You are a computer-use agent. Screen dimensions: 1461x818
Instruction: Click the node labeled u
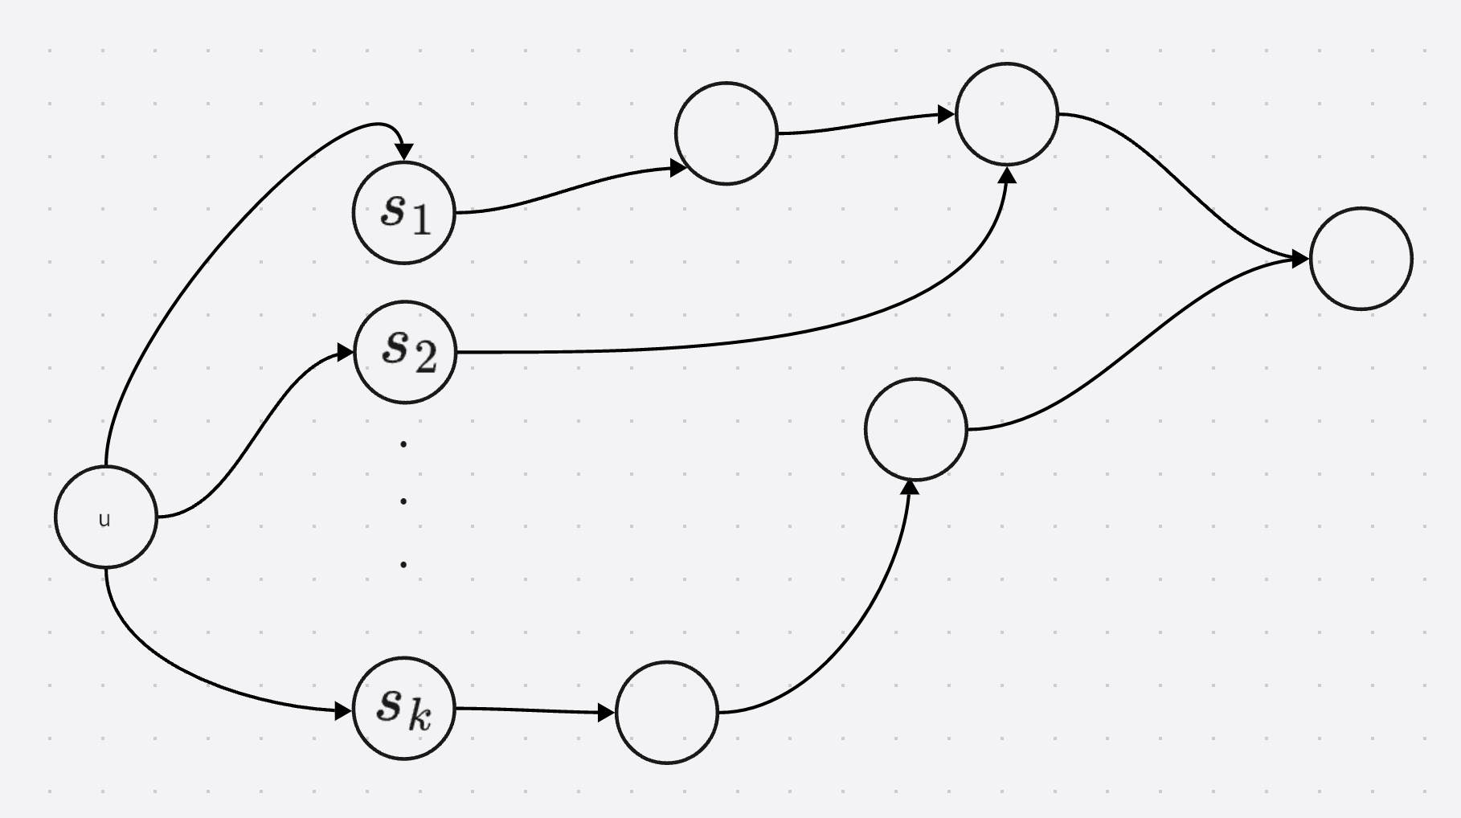pyautogui.click(x=105, y=517)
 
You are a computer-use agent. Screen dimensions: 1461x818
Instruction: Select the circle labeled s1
pyautogui.click(x=404, y=213)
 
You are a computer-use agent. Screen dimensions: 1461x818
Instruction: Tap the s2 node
pyautogui.click(x=405, y=352)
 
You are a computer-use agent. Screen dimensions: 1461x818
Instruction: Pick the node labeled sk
pyautogui.click(x=404, y=708)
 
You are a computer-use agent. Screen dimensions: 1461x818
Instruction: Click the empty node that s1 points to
pyautogui.click(x=726, y=133)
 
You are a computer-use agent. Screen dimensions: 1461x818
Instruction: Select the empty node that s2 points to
pyautogui.click(x=1007, y=114)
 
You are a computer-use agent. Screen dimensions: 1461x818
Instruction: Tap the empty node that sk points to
pyautogui.click(x=666, y=712)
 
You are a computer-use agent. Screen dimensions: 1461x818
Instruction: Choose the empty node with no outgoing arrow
pyautogui.click(x=1361, y=259)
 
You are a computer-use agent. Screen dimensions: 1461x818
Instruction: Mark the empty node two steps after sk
pyautogui.click(x=915, y=429)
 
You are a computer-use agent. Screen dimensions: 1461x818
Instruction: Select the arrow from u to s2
pyautogui.click(x=257, y=434)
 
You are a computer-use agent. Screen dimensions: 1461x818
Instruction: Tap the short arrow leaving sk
pyautogui.click(x=530, y=710)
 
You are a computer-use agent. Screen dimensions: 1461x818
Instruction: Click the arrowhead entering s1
pyautogui.click(x=404, y=152)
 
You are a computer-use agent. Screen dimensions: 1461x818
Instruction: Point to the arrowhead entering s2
pyautogui.click(x=345, y=352)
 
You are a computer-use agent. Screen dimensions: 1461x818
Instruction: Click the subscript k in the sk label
pyautogui.click(x=419, y=717)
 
